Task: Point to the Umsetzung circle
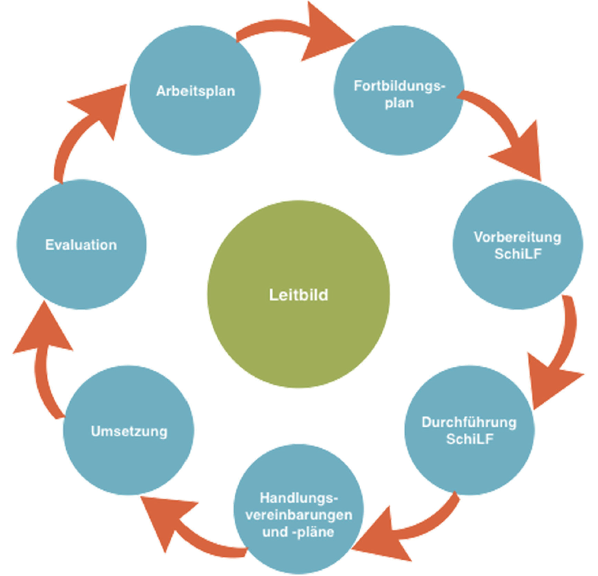click(128, 432)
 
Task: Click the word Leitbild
click(299, 295)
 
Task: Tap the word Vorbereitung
click(517, 237)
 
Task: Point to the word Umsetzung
click(128, 432)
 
